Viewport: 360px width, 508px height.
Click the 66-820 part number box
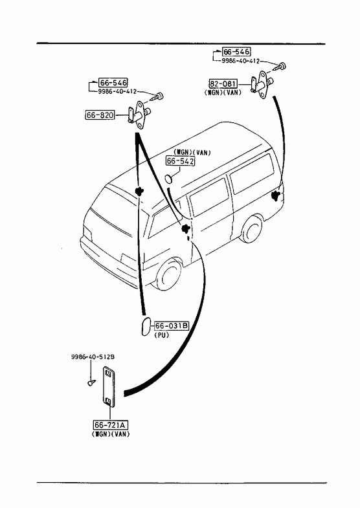100,115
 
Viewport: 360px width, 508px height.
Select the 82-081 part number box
223,84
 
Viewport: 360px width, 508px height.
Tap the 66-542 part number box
181,160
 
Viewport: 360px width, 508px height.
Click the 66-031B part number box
172,326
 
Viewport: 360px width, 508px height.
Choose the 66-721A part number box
110,425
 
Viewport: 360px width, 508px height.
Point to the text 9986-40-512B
93,357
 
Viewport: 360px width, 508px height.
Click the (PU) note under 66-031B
162,335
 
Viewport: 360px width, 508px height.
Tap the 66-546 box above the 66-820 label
113,83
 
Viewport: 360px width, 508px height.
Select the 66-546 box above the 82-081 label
236,52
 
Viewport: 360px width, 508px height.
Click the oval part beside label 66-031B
146,327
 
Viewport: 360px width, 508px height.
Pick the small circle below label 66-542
168,179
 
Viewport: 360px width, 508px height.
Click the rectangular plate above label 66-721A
109,386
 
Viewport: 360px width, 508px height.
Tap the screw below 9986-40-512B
92,383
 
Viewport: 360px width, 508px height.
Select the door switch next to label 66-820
139,115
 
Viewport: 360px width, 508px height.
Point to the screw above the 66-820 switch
157,96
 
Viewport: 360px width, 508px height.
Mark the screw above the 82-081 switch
280,66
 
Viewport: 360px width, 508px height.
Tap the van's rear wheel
251,228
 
